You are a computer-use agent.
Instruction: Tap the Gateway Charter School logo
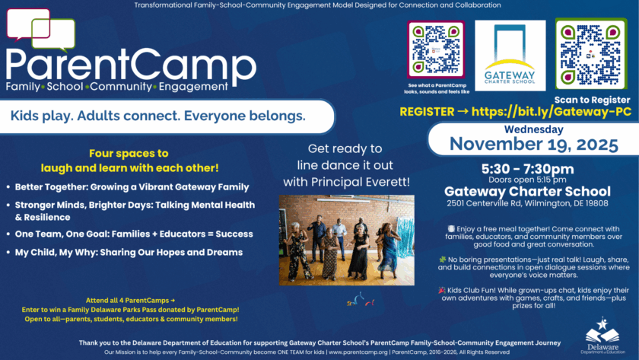pyautogui.click(x=510, y=56)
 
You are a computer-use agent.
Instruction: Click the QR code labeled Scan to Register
pyautogui.click(x=590, y=53)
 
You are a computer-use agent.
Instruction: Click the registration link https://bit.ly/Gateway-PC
pyautogui.click(x=551, y=111)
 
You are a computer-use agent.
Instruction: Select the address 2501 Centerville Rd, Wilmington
pyautogui.click(x=527, y=203)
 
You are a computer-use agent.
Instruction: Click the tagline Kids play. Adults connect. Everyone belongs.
pyautogui.click(x=158, y=116)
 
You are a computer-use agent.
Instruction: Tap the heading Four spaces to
pyautogui.click(x=129, y=152)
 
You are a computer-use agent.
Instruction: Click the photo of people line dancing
pyautogui.click(x=346, y=237)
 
